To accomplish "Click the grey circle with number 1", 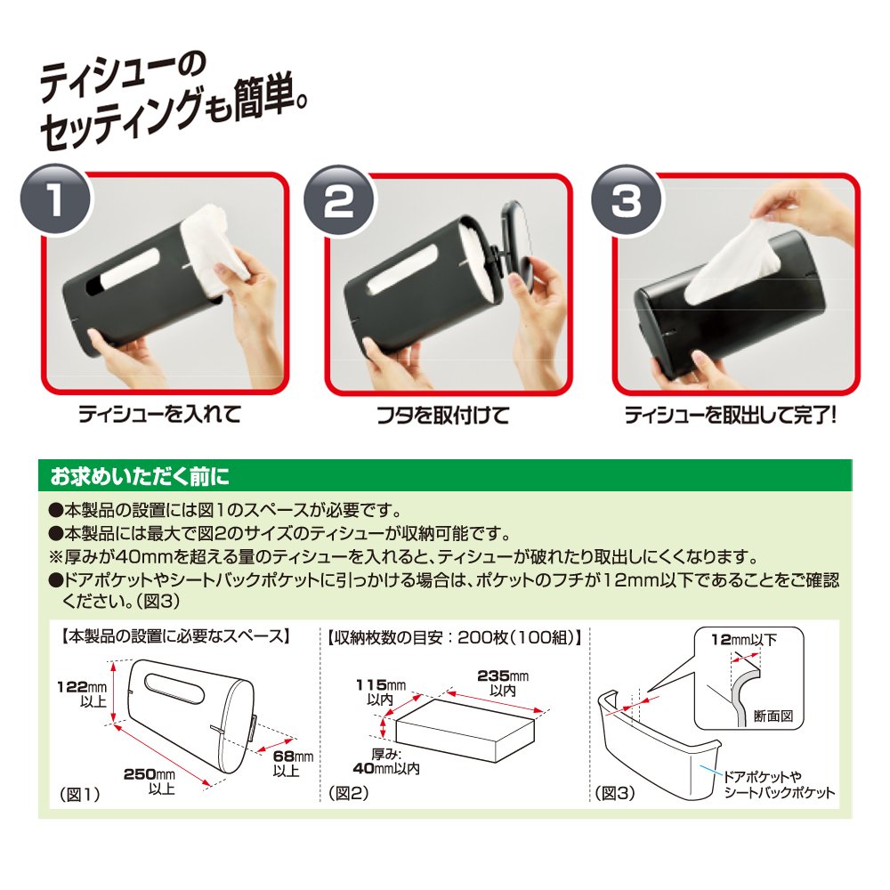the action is [55, 198].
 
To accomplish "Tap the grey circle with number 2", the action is [338, 199].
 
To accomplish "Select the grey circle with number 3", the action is [626, 199].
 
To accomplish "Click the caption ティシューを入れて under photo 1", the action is [159, 414].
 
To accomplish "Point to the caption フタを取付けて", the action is [443, 415].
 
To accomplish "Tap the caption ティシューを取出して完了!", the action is [731, 415].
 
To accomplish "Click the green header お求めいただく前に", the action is [140, 476].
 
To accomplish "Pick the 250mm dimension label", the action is [150, 781].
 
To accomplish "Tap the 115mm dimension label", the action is [381, 692].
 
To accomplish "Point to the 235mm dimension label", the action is [503, 683].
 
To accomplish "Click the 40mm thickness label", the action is [386, 762].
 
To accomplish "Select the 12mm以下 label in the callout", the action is [744, 640].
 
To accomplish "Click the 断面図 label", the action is [773, 716].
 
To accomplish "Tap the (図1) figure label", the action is [79, 795].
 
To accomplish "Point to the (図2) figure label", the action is [349, 793].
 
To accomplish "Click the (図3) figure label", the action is [615, 793].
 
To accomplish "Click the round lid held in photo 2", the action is [518, 245].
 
